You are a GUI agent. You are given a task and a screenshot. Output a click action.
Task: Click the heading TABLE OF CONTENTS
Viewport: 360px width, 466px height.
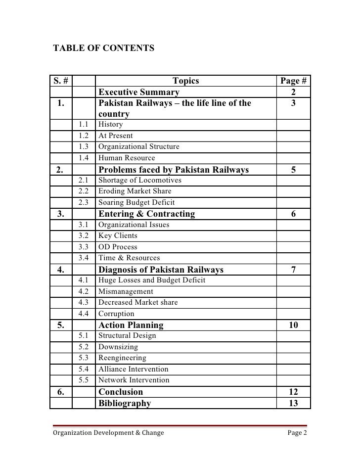104,48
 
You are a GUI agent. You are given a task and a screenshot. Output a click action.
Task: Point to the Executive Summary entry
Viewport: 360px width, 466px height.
139,93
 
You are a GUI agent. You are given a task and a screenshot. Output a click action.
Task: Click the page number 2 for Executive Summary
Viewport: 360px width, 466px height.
293,93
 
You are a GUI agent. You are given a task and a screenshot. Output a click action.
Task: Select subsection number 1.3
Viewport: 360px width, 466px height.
84,147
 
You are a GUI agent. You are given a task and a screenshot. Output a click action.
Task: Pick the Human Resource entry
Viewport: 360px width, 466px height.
127,158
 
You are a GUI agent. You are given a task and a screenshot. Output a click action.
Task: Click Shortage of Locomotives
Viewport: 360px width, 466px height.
140,181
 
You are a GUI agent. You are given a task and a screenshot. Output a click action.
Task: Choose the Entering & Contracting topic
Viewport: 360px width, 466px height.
147,214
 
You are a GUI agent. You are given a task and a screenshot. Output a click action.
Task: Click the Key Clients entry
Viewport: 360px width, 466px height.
118,236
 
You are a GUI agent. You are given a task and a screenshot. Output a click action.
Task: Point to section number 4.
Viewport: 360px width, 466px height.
61,270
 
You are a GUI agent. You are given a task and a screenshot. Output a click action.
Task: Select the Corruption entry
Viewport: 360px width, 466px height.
116,314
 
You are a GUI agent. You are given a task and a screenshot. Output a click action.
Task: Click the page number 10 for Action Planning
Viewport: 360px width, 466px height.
293,325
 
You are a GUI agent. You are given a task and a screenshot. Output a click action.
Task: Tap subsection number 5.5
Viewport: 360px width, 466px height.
84,380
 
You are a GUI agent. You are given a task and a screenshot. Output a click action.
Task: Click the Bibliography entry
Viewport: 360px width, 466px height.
125,403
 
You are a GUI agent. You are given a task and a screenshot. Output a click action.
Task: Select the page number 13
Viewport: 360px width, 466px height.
293,403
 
